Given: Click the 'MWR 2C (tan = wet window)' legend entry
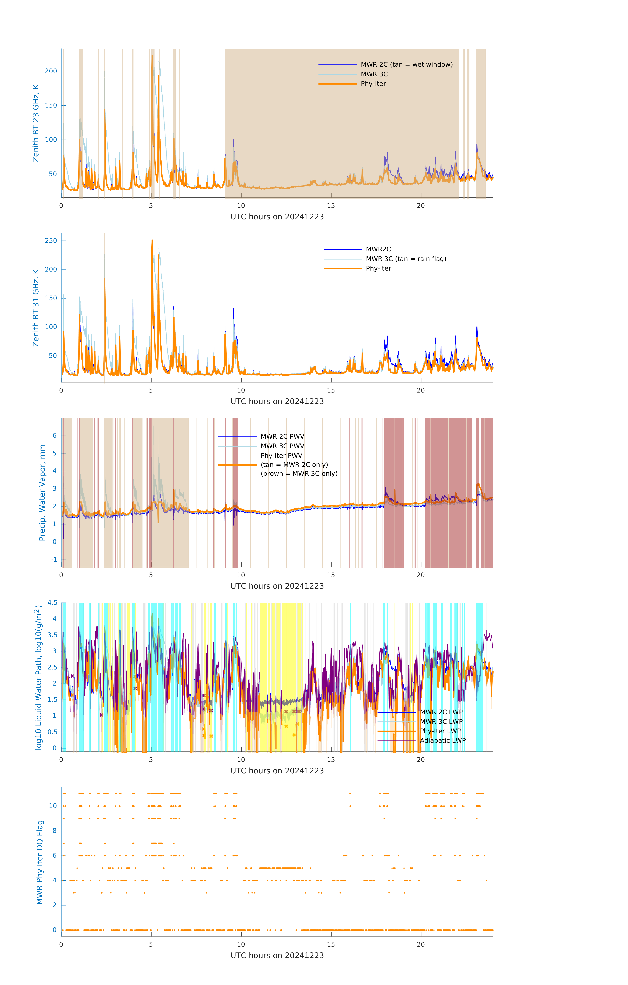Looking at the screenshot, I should pos(406,65).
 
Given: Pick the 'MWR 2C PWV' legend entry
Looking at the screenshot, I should pos(282,437).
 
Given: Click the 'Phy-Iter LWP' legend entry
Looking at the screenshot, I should pos(440,731).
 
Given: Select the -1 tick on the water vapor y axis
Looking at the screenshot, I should pos(54,560).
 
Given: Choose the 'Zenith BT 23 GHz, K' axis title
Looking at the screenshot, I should pos(36,123).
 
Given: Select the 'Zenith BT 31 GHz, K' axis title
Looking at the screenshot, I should pos(36,308).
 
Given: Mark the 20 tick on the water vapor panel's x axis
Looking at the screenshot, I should pos(421,575).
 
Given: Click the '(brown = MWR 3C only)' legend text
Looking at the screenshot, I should pos(299,474).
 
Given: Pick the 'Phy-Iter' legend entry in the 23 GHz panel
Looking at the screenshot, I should pos(373,84).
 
